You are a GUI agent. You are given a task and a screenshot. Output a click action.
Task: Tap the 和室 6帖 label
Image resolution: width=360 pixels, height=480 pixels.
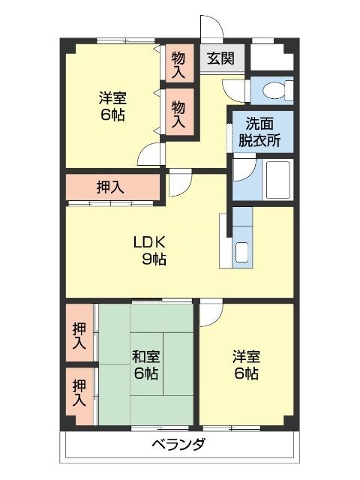click(145, 364)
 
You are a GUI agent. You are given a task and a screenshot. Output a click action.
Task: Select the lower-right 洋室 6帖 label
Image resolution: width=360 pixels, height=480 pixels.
click(245, 364)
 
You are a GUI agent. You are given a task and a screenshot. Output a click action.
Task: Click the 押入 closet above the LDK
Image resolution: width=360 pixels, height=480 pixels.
click(112, 189)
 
